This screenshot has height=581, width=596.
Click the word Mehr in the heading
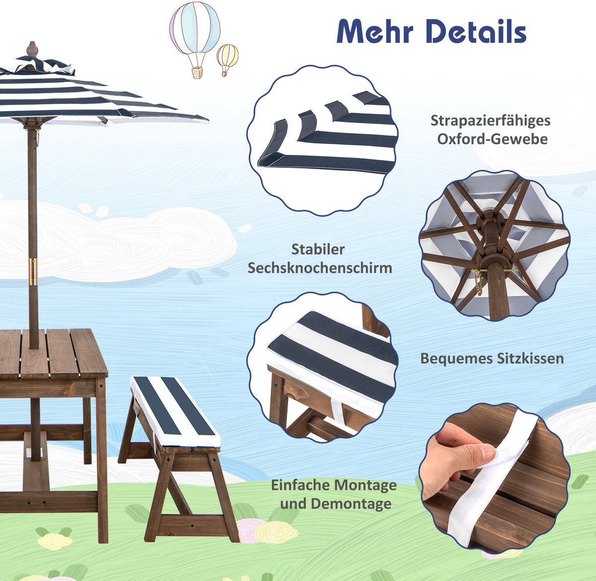tap(375, 32)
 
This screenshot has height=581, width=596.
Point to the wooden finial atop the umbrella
tap(32, 49)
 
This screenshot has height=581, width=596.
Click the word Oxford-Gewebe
tap(492, 139)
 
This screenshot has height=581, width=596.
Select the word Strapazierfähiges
tap(490, 121)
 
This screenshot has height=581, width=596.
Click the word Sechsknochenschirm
tap(320, 268)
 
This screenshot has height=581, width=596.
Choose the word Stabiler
tap(318, 249)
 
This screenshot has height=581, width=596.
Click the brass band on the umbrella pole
tap(32, 271)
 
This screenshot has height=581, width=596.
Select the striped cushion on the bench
tap(175, 411)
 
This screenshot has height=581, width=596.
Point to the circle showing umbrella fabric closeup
tap(322, 140)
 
